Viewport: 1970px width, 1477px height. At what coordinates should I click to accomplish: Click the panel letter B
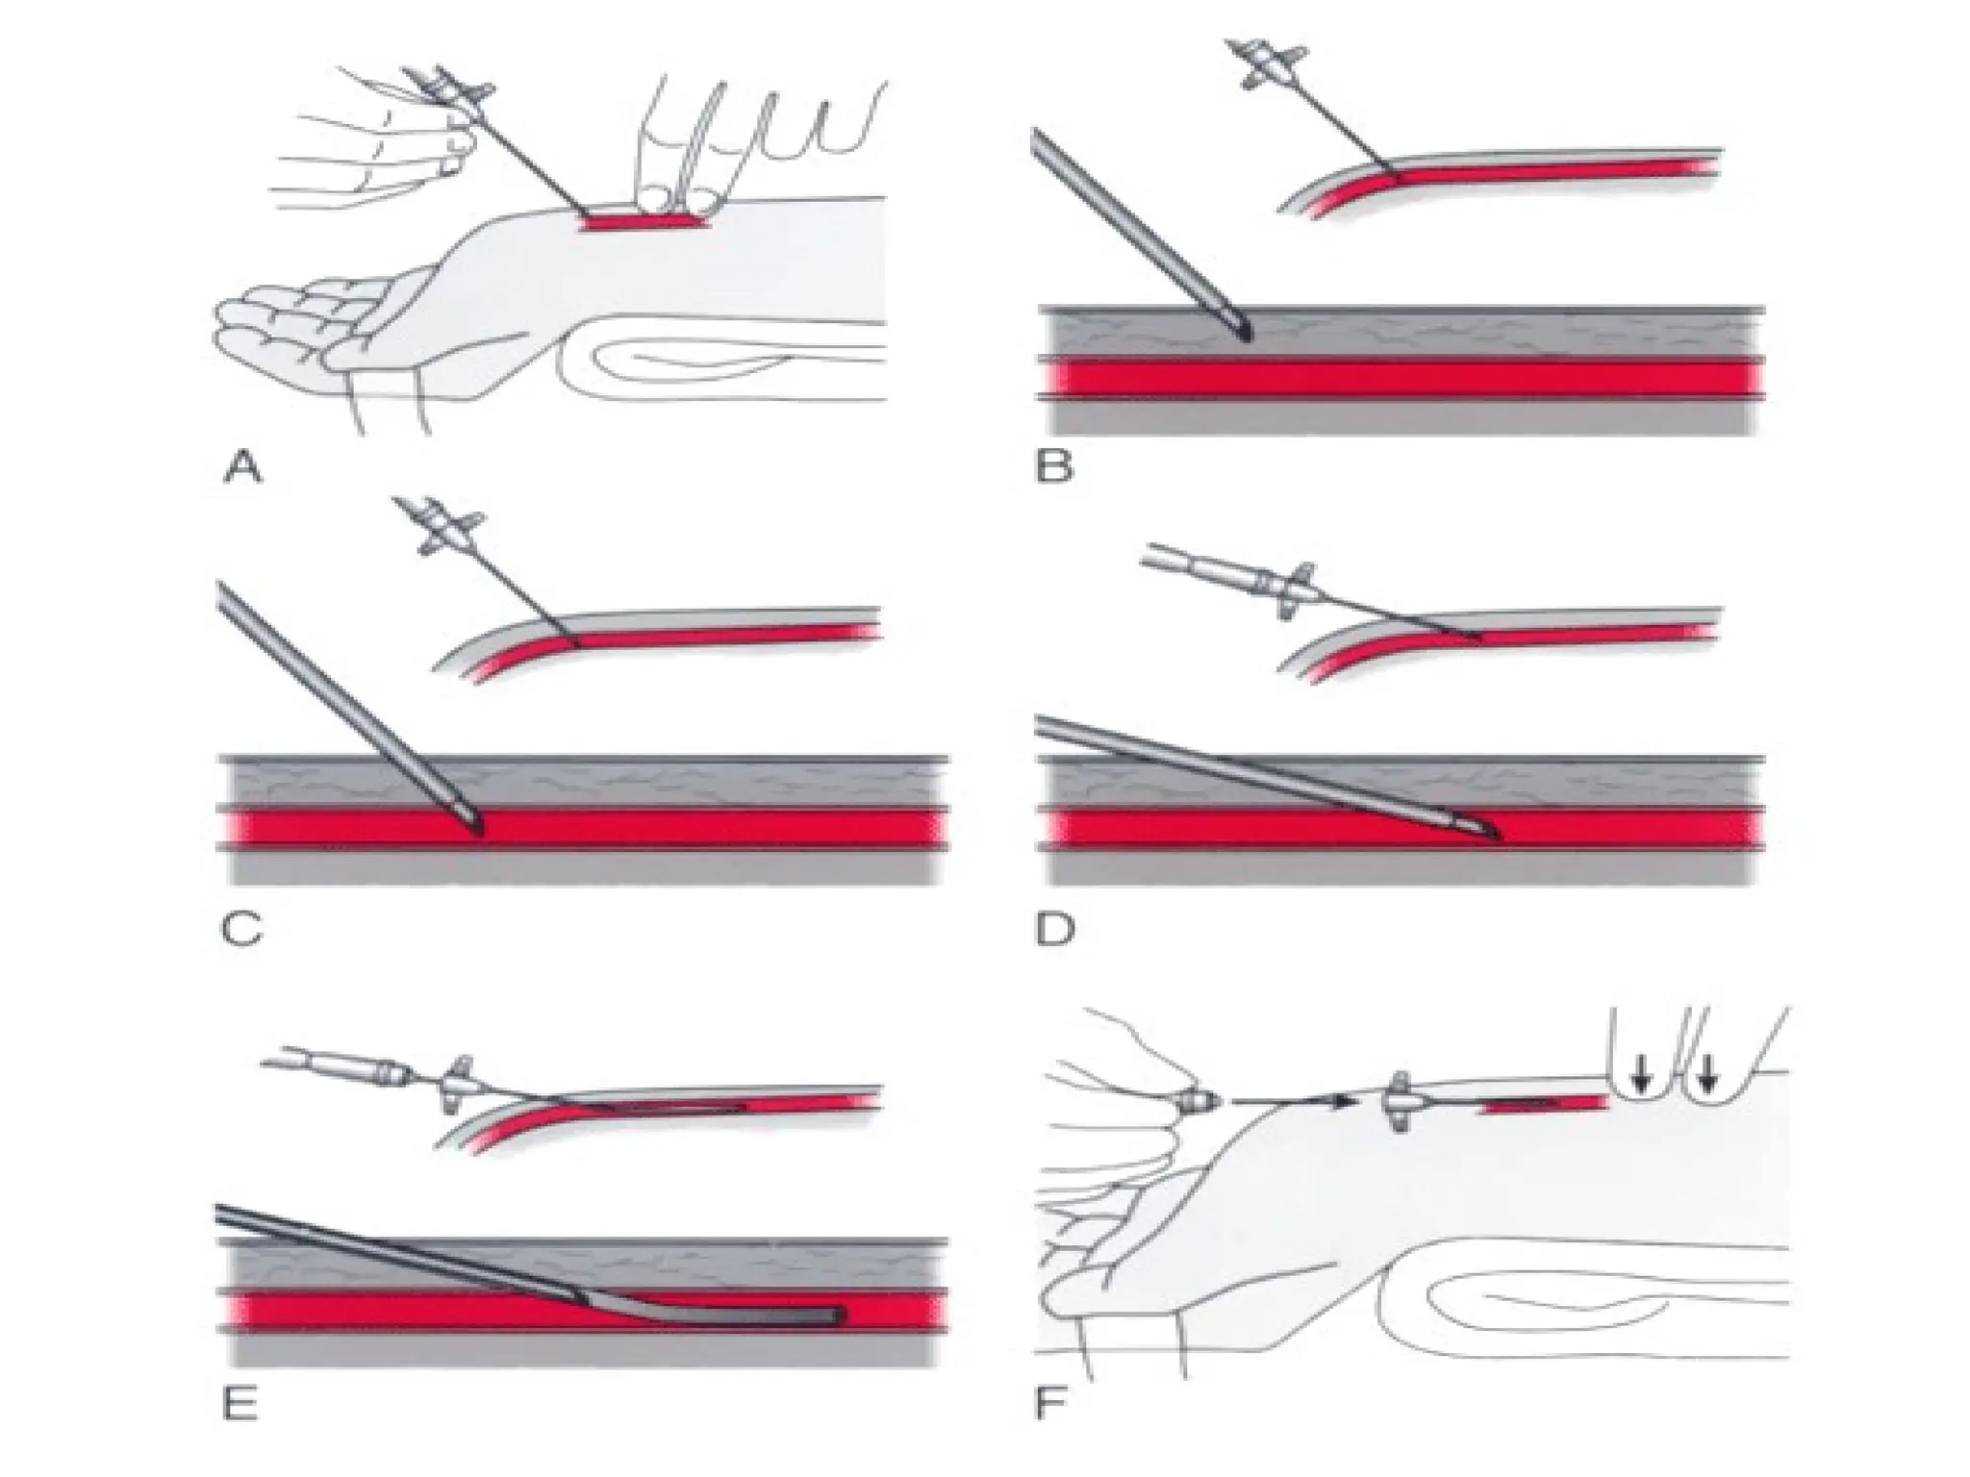tap(1053, 469)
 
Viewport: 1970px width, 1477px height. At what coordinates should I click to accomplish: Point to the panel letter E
tap(240, 1406)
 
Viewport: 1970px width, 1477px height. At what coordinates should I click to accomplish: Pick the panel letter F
tap(1050, 1406)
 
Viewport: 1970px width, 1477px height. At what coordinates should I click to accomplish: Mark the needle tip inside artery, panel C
tap(478, 829)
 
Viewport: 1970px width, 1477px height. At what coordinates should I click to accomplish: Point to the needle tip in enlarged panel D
tap(1496, 837)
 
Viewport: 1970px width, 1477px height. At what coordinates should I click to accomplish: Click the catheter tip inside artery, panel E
tap(839, 1314)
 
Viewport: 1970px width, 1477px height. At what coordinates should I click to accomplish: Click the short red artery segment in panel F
tap(1546, 1106)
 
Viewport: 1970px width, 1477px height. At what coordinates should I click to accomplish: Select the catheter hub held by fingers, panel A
tap(452, 91)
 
